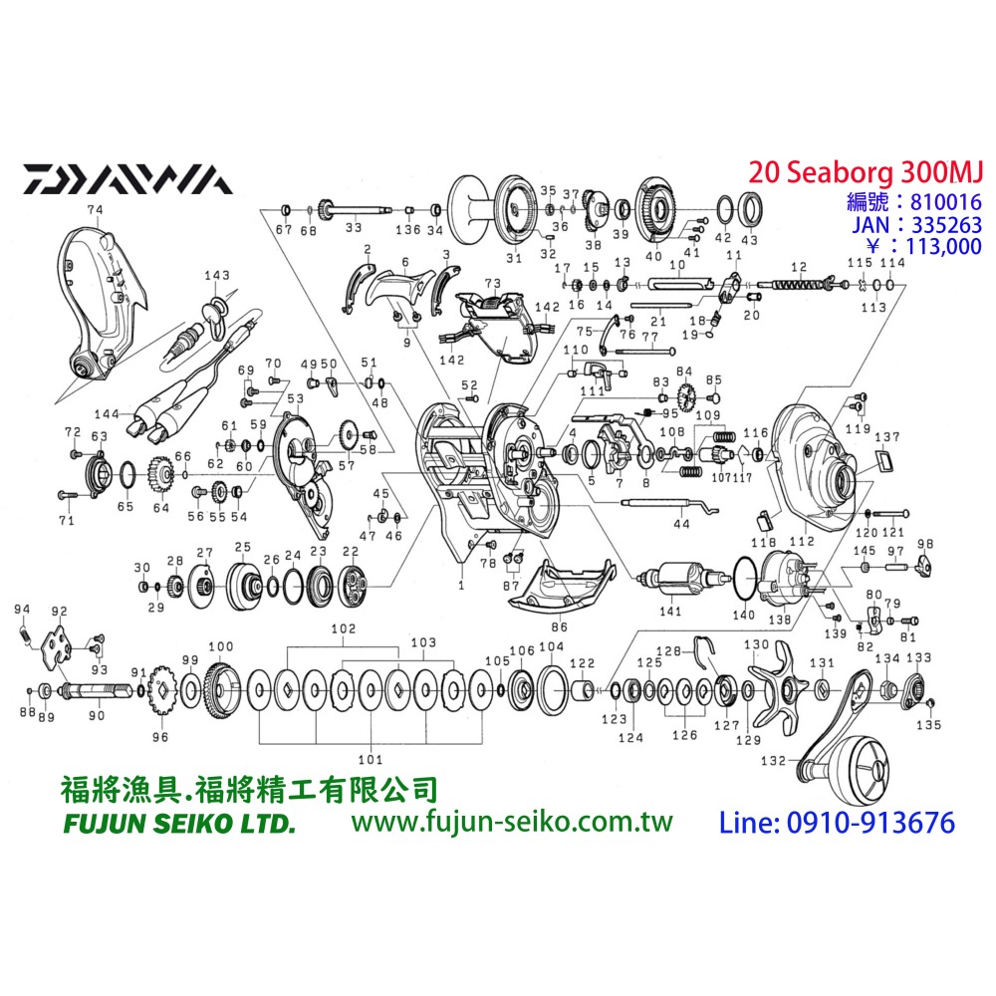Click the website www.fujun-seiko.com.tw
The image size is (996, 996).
[x=512, y=822]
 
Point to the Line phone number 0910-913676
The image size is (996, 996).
[x=837, y=822]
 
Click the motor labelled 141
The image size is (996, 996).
[x=683, y=580]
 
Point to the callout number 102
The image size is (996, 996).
[x=344, y=629]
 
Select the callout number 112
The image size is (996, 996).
[x=801, y=541]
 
